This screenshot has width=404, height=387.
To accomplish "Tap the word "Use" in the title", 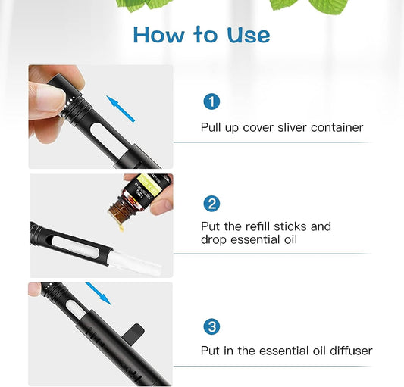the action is (249, 35).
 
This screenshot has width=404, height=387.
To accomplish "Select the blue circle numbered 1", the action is (211, 101).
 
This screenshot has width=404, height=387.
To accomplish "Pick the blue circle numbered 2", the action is (211, 204).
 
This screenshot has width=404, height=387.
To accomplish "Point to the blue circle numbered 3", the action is (211, 326).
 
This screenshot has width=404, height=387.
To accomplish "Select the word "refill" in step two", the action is (258, 226).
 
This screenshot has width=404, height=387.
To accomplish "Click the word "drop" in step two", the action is (214, 240).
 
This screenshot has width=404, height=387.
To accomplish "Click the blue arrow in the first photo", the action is (121, 108).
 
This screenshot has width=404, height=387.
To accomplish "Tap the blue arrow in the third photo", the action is (99, 294).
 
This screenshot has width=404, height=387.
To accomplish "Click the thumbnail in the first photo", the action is (50, 98).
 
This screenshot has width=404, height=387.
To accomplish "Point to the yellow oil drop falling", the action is (121, 227).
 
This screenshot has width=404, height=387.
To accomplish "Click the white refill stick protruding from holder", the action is (135, 263).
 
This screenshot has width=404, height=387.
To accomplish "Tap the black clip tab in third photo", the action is (133, 332).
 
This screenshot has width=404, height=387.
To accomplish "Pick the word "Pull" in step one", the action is (211, 127).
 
